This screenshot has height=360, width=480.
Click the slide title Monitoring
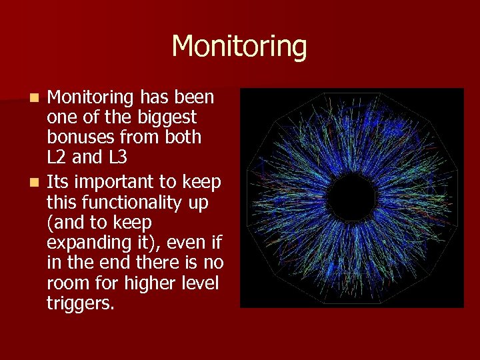239,47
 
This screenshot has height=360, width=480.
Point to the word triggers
81,303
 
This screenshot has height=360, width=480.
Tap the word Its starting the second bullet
58,183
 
